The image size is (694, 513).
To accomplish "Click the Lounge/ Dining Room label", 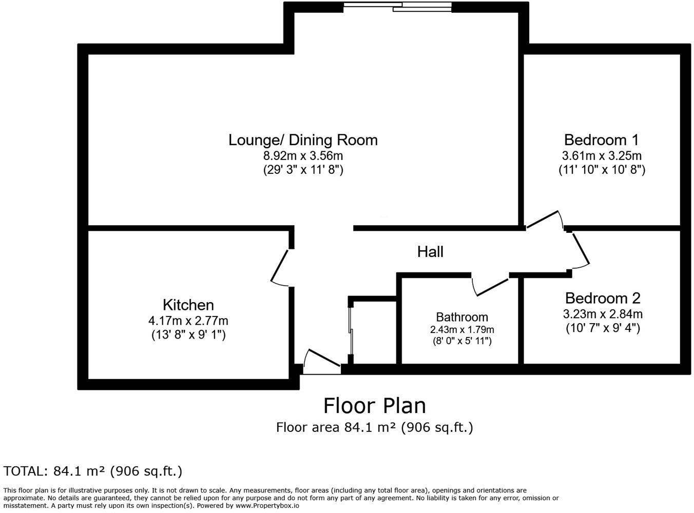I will click(x=303, y=140).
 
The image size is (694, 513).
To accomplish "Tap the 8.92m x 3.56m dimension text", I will click(x=303, y=155).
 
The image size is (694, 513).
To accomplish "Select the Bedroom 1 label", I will click(x=601, y=140).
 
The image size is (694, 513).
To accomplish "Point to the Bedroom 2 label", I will click(x=603, y=298).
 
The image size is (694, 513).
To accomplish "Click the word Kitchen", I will click(x=188, y=305).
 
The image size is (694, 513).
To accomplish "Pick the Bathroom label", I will click(x=461, y=317).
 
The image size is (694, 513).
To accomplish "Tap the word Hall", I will click(x=430, y=251).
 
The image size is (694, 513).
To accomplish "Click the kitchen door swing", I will click(x=280, y=267).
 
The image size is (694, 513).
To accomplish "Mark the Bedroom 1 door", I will click(x=544, y=219).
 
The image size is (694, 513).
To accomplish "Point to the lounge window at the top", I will click(x=397, y=6).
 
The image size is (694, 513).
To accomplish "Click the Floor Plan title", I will click(x=374, y=406).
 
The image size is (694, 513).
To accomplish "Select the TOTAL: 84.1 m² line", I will click(x=92, y=471).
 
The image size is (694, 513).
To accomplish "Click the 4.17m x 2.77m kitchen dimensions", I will click(x=188, y=321).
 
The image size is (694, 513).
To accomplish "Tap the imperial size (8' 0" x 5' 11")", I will click(x=461, y=341).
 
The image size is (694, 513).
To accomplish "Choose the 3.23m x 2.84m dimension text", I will click(x=603, y=314).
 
